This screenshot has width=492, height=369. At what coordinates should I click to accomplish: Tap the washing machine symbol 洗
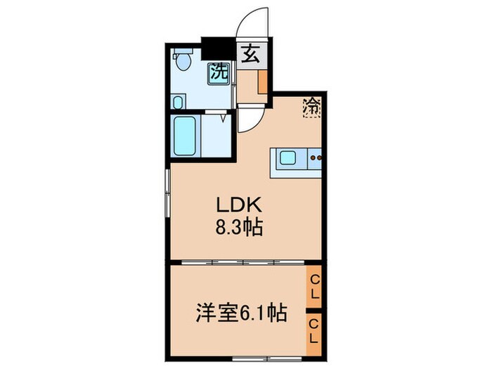[219, 72]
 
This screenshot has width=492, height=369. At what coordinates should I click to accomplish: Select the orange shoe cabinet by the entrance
[262, 82]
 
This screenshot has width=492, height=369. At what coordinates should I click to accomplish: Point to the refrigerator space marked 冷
[311, 108]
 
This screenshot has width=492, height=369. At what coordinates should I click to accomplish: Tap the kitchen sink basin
[289, 158]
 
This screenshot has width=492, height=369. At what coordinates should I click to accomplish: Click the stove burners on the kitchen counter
[316, 158]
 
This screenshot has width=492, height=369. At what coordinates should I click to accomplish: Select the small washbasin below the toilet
[177, 103]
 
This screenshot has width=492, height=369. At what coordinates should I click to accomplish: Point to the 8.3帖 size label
[239, 228]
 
